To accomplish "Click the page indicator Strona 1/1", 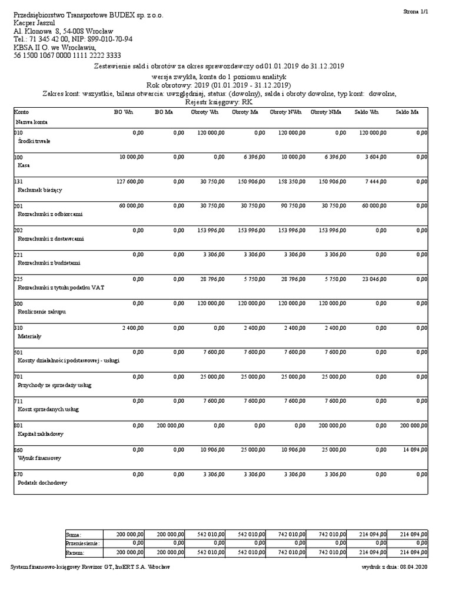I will pyautogui.click(x=415, y=11).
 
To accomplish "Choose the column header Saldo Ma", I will pyautogui.click(x=407, y=111).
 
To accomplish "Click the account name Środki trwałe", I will pyautogui.click(x=35, y=141).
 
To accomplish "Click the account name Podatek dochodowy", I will pyautogui.click(x=43, y=482).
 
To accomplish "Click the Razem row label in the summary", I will pyautogui.click(x=75, y=553).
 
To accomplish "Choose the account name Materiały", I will pyautogui.click(x=30, y=336).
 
